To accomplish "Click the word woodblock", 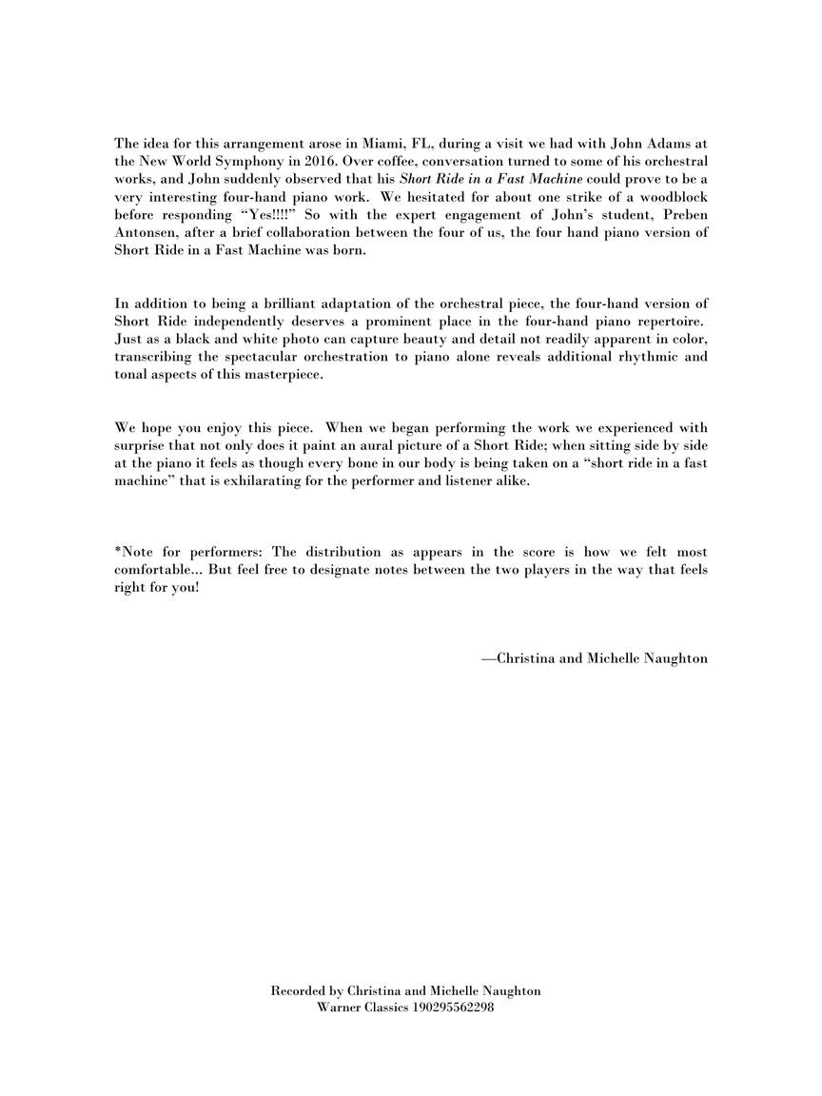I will click(x=675, y=198).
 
